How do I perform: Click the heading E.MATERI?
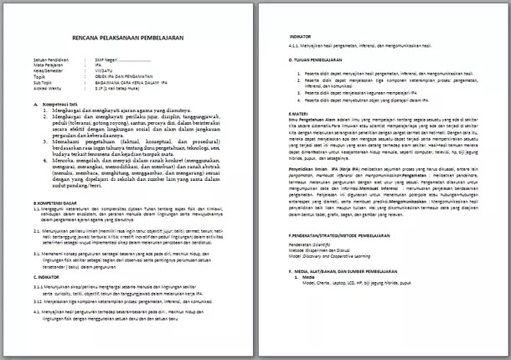(x=299, y=112)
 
